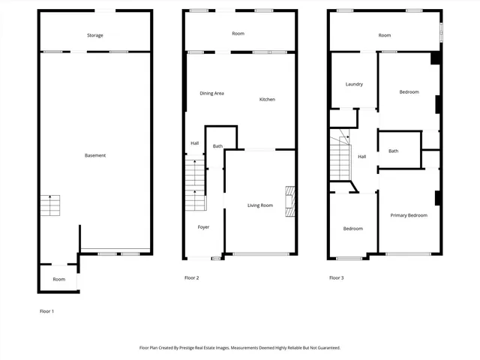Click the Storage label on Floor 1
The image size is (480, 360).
(95, 35)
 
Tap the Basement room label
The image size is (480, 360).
(95, 155)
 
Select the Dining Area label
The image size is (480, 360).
(211, 93)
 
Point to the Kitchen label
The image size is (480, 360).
(267, 100)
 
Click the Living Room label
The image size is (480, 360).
(260, 205)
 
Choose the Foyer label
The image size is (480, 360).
(203, 226)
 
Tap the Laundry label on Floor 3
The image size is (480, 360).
(354, 84)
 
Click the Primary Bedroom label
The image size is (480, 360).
(409, 215)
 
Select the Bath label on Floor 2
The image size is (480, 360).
(217, 146)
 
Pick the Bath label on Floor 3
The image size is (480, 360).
(393, 151)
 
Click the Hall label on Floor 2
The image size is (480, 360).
(194, 143)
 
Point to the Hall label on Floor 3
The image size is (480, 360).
(361, 157)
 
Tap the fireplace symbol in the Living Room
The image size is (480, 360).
(289, 201)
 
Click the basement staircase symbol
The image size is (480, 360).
(50, 205)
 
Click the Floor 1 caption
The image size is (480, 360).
(46, 310)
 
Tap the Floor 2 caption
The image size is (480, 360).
(191, 278)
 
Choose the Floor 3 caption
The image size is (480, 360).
(336, 278)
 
